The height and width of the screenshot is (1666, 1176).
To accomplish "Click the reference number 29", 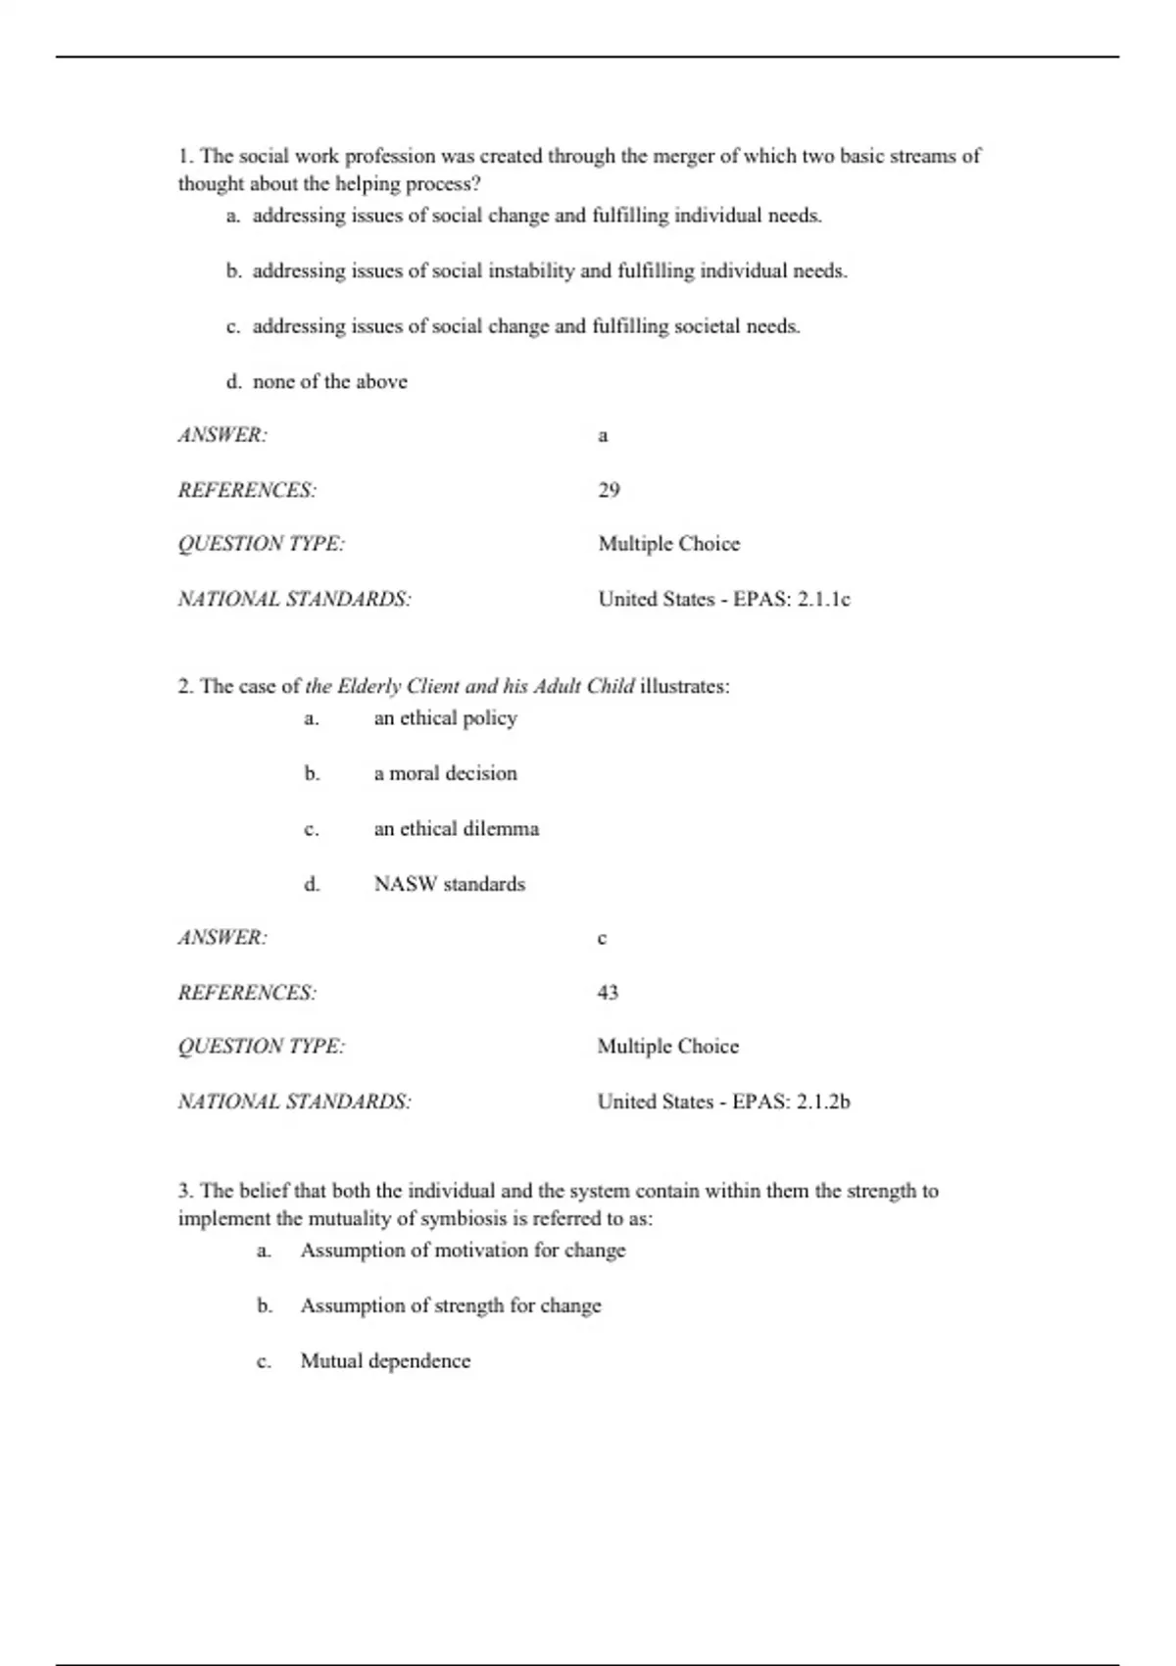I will [x=609, y=490].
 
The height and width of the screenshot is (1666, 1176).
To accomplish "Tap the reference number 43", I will [x=608, y=993].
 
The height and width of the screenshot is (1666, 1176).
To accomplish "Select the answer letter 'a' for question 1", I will [x=603, y=436].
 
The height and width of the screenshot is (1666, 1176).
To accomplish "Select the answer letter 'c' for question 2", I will [x=602, y=939].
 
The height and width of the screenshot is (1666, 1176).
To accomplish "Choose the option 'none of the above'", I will [x=329, y=382].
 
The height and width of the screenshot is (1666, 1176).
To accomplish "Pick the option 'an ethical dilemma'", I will [x=456, y=829].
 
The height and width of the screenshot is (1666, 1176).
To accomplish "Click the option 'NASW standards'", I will [x=449, y=884].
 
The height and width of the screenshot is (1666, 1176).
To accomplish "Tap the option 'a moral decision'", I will [x=445, y=773].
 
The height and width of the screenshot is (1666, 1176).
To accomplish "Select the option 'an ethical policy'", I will [x=445, y=718].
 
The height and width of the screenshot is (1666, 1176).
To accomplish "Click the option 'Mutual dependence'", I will [x=385, y=1361].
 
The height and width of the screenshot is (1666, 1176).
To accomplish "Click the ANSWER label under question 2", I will [x=222, y=938].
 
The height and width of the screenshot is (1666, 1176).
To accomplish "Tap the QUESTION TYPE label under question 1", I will [x=261, y=544].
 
